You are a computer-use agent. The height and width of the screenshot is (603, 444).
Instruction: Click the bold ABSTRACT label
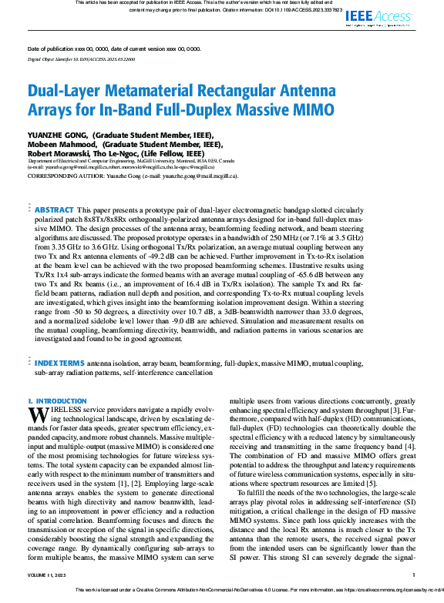point(55,209)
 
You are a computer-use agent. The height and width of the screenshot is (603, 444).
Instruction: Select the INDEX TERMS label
point(59,362)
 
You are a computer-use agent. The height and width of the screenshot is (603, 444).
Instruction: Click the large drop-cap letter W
point(38,414)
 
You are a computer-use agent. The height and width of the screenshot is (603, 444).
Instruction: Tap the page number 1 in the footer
point(414,575)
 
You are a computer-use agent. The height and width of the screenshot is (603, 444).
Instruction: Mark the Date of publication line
point(114,49)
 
